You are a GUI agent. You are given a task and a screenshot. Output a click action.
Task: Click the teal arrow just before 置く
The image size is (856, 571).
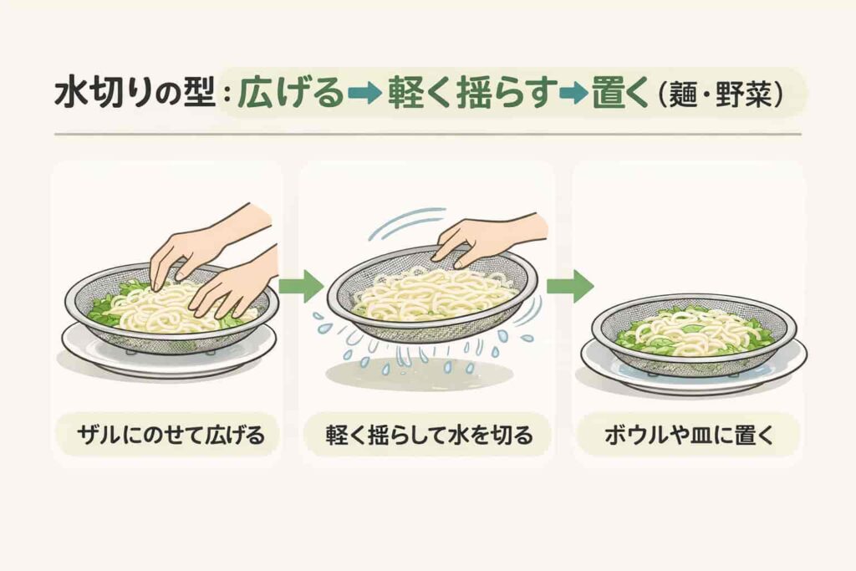(574, 94)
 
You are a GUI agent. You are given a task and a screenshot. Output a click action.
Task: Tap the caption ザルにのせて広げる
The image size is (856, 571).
(171, 435)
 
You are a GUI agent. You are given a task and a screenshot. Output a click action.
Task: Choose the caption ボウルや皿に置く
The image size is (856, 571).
(689, 435)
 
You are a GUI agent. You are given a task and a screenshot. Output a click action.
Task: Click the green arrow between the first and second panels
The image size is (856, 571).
(301, 286)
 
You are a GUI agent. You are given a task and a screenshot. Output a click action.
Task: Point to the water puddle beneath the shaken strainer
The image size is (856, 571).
(419, 374)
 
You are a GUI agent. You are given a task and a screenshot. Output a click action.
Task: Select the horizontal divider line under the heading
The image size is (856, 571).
(427, 134)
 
